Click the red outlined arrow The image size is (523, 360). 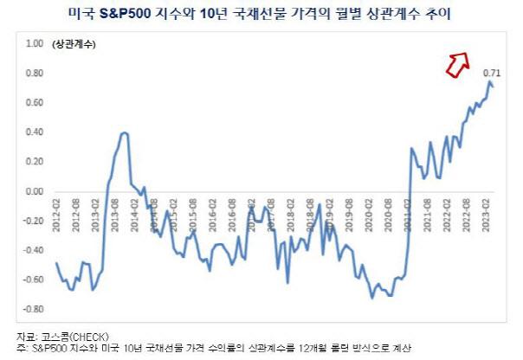(455, 62)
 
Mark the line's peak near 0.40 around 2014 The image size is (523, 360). (124, 132)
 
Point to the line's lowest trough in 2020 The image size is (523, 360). (373, 298)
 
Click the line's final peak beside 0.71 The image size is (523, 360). (489, 82)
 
